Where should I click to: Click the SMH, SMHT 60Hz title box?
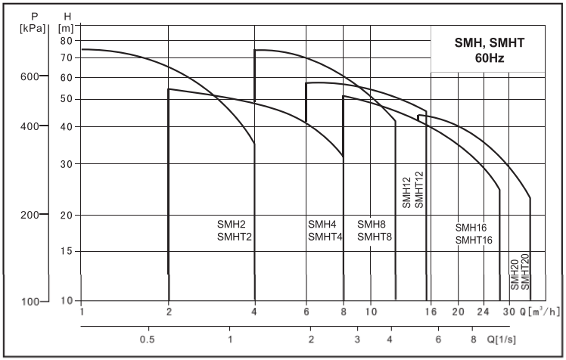coord(487,50)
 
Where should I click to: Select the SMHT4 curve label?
coord(325,237)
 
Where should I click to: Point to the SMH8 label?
coord(372,225)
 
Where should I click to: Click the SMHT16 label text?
coord(474,241)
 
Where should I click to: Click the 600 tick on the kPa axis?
coord(27,76)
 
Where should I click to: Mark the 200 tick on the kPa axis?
coord(27,216)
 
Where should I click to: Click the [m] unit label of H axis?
coord(66,27)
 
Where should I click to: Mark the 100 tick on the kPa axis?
coord(27,302)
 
